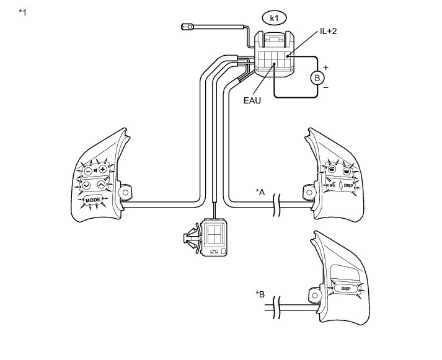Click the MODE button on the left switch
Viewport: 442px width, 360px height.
point(93,200)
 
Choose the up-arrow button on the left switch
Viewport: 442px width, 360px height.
point(102,185)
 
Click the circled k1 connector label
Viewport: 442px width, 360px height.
point(273,18)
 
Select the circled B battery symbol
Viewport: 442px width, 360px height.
point(317,78)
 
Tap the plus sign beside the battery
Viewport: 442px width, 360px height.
point(326,66)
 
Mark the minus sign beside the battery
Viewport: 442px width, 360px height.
point(326,89)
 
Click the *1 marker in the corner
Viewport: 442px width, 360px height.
point(22,12)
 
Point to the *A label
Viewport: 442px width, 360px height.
point(260,192)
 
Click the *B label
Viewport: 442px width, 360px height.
point(260,294)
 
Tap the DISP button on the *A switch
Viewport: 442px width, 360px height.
point(348,184)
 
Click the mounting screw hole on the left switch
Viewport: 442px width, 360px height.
point(124,193)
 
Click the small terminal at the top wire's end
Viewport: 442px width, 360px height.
point(187,27)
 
